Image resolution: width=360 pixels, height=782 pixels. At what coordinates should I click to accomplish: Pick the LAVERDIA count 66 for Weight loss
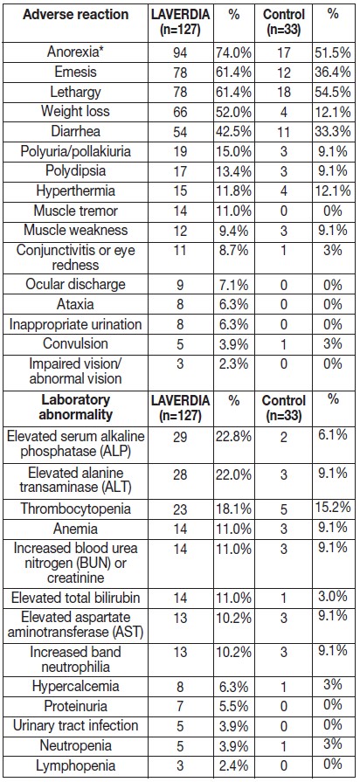[x=167, y=113]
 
